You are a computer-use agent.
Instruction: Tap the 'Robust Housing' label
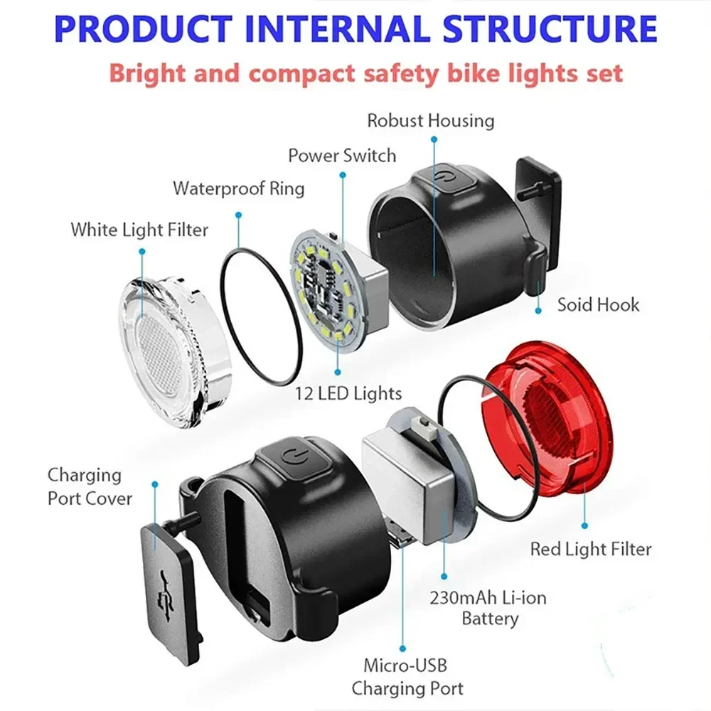[x=430, y=120]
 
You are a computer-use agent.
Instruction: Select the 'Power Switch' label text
[x=342, y=155]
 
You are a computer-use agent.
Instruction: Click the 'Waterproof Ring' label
[x=239, y=188]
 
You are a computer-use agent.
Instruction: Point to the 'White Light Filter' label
[x=139, y=230]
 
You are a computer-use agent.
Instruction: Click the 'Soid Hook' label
[x=598, y=305]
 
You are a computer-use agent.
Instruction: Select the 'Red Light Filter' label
[x=590, y=548]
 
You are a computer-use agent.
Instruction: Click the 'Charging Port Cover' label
[x=90, y=486]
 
